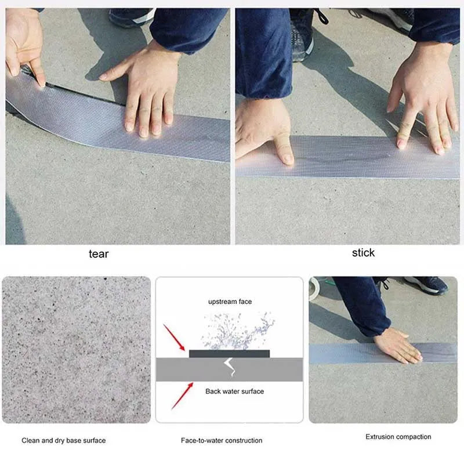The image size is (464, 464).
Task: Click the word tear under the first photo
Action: pos(98,253)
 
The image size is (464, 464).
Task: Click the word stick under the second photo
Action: pos(363,252)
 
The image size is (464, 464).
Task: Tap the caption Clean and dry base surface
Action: pos(64,440)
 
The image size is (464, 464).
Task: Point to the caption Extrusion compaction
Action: pos(398,437)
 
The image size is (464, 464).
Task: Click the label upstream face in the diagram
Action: pos(230,302)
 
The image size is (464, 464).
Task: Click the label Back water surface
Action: pos(234,391)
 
